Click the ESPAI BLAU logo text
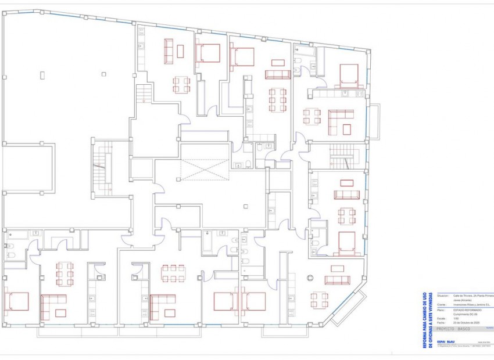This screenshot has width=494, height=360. click(x=446, y=341)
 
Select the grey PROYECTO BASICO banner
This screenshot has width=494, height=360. click(x=453, y=329)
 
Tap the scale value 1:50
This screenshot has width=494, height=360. click(x=457, y=318)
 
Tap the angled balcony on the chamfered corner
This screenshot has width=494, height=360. click(x=349, y=309)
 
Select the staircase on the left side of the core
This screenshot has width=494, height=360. click(x=102, y=168)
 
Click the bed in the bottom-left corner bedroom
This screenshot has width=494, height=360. click(x=17, y=301)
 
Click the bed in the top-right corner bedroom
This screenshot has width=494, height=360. click(x=349, y=74)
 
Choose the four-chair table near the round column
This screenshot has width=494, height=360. click(x=318, y=300)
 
